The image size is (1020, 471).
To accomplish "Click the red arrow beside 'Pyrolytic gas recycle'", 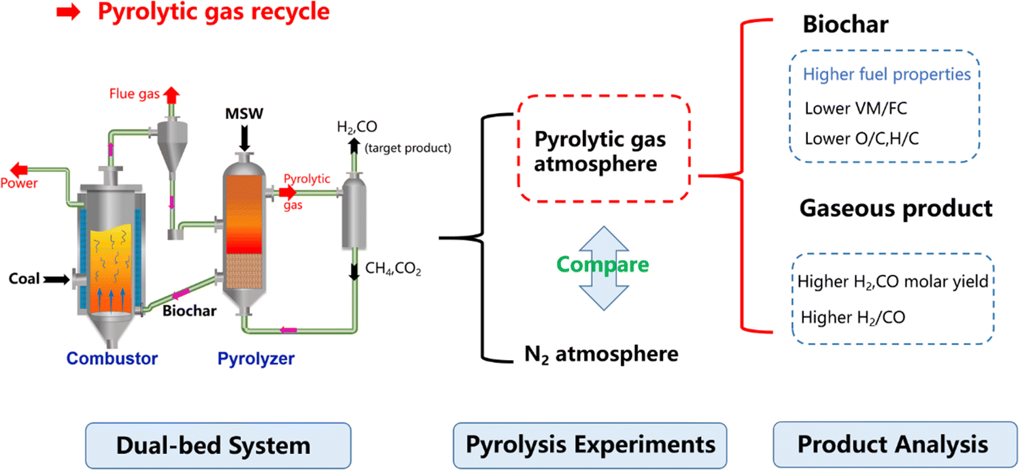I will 69,13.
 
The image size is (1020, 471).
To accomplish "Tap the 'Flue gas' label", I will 132,93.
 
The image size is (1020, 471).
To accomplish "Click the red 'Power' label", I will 19,182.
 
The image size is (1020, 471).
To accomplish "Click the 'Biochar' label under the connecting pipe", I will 189,311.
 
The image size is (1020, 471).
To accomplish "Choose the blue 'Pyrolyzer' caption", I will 256,358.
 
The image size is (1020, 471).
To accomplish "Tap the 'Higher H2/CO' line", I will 853,317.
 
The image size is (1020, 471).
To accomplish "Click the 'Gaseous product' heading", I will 896,208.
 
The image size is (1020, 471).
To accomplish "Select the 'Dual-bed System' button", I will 218,445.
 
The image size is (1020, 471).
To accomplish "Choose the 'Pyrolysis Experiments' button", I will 590,445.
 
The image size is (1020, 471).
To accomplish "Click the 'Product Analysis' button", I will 892,445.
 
